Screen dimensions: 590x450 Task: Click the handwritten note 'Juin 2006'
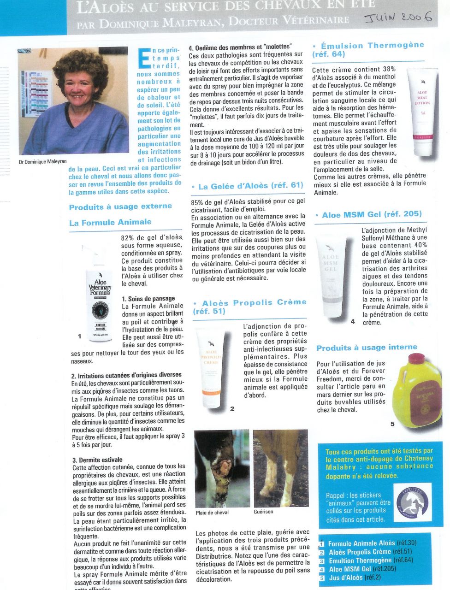[x=398, y=18]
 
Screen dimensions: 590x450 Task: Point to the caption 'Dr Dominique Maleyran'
[x=43, y=162]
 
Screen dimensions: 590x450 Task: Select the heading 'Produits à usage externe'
[x=120, y=206]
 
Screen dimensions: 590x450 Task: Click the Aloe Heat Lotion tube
[x=423, y=113]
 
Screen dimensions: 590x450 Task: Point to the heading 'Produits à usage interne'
[x=367, y=348]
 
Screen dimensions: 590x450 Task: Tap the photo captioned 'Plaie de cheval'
[x=222, y=468]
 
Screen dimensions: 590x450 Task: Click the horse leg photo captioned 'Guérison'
[x=280, y=468]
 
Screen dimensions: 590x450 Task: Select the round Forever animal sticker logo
[x=414, y=503]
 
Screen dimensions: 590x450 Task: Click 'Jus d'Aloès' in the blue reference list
[x=346, y=578]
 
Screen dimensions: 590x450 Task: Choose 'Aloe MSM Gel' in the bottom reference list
[x=350, y=569]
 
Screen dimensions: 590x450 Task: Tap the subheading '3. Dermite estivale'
[x=97, y=460]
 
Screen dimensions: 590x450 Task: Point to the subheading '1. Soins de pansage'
[x=148, y=299]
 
